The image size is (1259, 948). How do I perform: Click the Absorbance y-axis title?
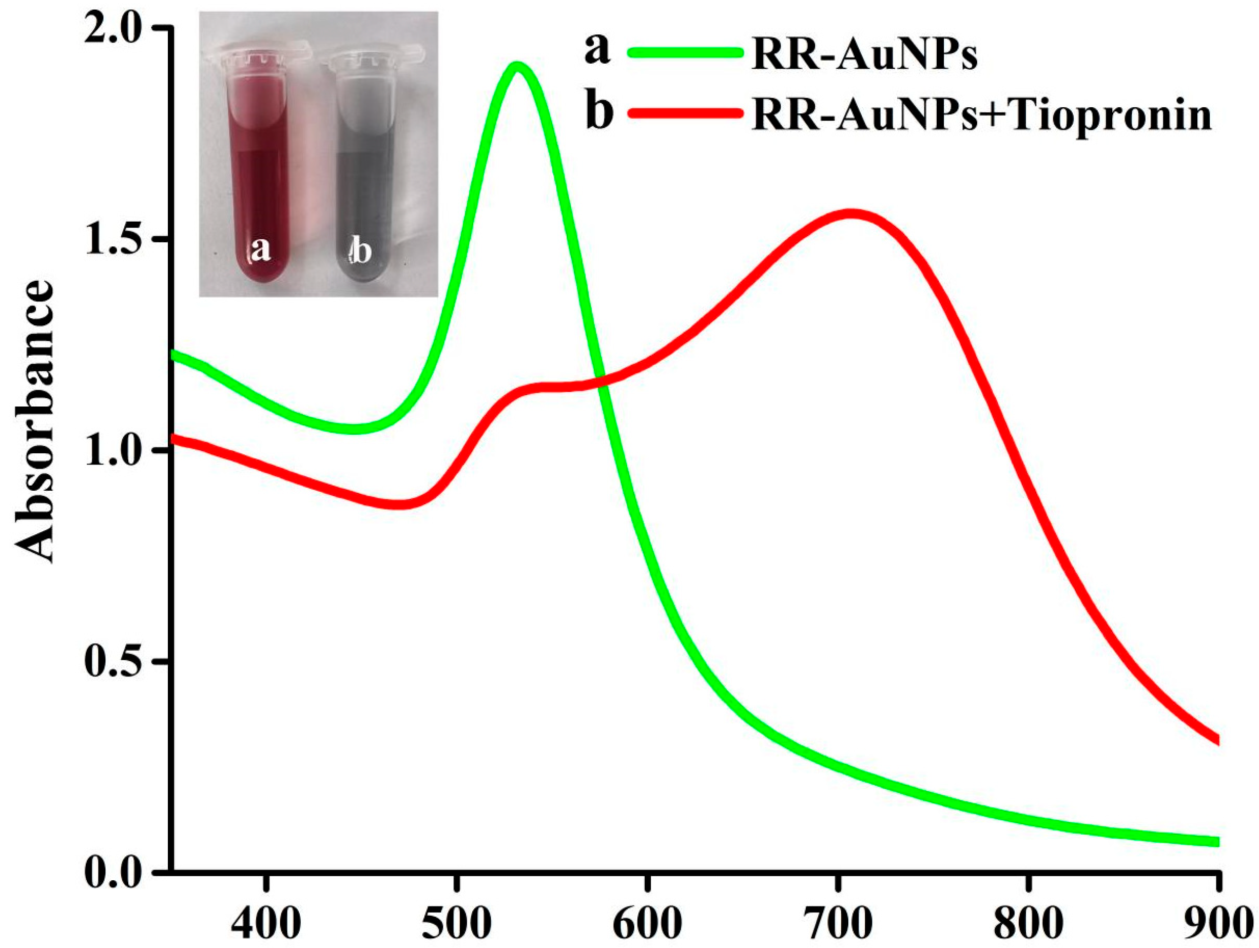35,421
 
